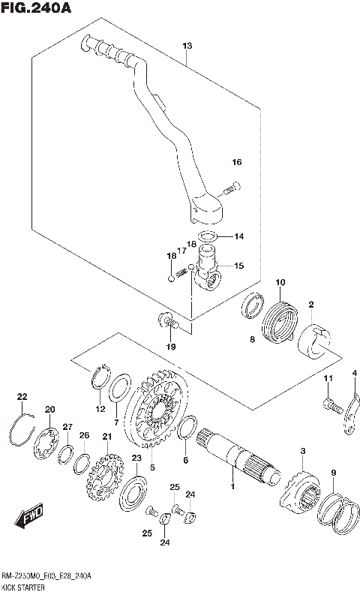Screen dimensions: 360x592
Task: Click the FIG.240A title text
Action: [x=36, y=8]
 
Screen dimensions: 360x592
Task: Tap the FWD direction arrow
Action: [x=29, y=515]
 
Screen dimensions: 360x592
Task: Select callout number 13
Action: [x=187, y=46]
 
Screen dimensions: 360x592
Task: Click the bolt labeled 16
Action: [x=232, y=188]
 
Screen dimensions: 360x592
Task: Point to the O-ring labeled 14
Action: [x=207, y=236]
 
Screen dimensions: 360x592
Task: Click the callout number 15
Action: [x=238, y=266]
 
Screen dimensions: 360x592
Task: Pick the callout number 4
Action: [x=354, y=373]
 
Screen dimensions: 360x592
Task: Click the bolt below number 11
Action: [x=332, y=406]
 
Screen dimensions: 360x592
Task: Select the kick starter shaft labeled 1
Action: [x=238, y=458]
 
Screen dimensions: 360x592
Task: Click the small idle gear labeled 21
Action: [x=105, y=473]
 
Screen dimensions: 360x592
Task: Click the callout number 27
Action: [x=67, y=427]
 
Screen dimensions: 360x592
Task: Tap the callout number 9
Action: [x=333, y=473]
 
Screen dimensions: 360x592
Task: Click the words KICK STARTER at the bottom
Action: [x=23, y=587]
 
